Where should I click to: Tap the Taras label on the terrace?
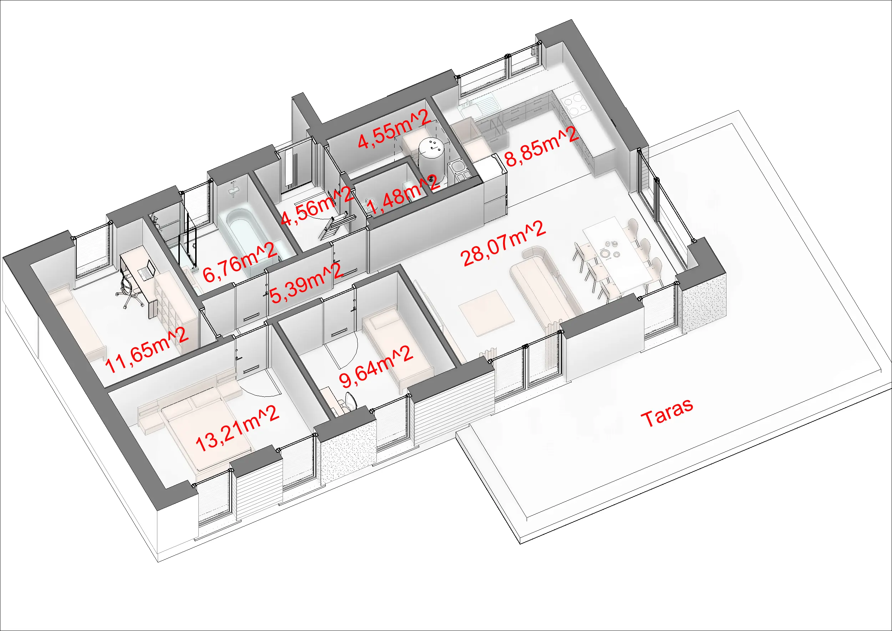667,412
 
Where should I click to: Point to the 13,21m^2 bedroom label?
237,429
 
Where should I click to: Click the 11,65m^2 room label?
147,350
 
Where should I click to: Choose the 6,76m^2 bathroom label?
240,262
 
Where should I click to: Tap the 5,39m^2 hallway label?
306,283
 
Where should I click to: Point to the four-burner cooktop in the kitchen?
577,103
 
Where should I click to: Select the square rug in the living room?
486,312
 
